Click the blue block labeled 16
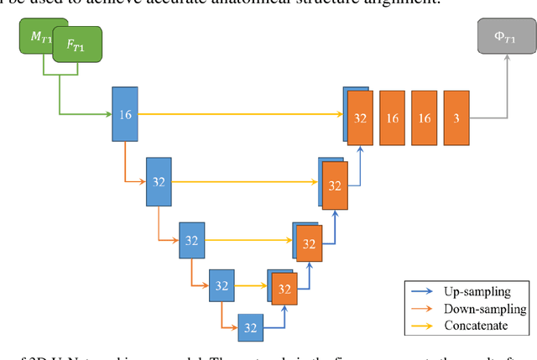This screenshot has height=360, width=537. (x=124, y=114)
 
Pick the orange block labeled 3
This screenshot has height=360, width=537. (x=456, y=117)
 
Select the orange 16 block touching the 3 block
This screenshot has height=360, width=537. (x=425, y=117)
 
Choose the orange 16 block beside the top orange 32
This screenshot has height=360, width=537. (x=393, y=117)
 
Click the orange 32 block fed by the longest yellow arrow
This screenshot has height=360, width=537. (x=361, y=117)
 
